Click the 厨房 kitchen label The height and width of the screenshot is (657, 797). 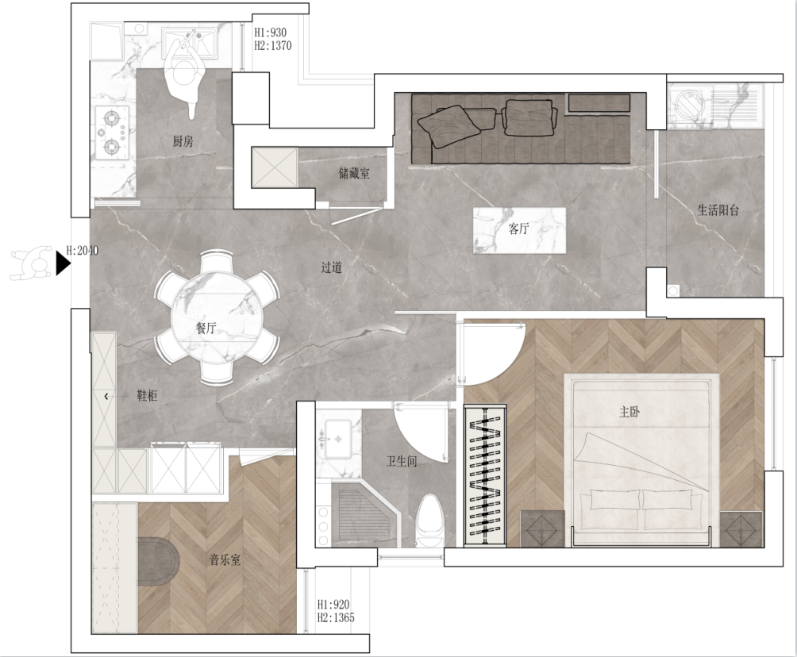[183, 140]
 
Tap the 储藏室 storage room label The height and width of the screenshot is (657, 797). [354, 173]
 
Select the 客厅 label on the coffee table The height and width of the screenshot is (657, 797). [518, 229]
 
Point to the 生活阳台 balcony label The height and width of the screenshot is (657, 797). [718, 210]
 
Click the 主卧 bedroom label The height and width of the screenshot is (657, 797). [630, 412]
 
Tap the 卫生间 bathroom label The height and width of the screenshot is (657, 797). [402, 461]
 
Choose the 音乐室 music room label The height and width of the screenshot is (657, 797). [225, 560]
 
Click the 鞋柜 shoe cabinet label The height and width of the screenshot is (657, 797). [147, 396]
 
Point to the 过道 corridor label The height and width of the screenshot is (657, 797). [331, 267]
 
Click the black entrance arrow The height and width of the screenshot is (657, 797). [62, 263]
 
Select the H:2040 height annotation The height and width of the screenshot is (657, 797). [83, 251]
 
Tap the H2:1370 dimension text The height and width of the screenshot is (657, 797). [273, 46]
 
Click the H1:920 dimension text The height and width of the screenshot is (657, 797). [333, 605]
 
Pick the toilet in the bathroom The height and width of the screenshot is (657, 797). [430, 521]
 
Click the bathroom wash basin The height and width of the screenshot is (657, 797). [338, 439]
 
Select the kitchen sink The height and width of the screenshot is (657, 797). [189, 40]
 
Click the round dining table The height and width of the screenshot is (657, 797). [214, 317]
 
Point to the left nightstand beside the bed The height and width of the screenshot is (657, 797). [542, 529]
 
